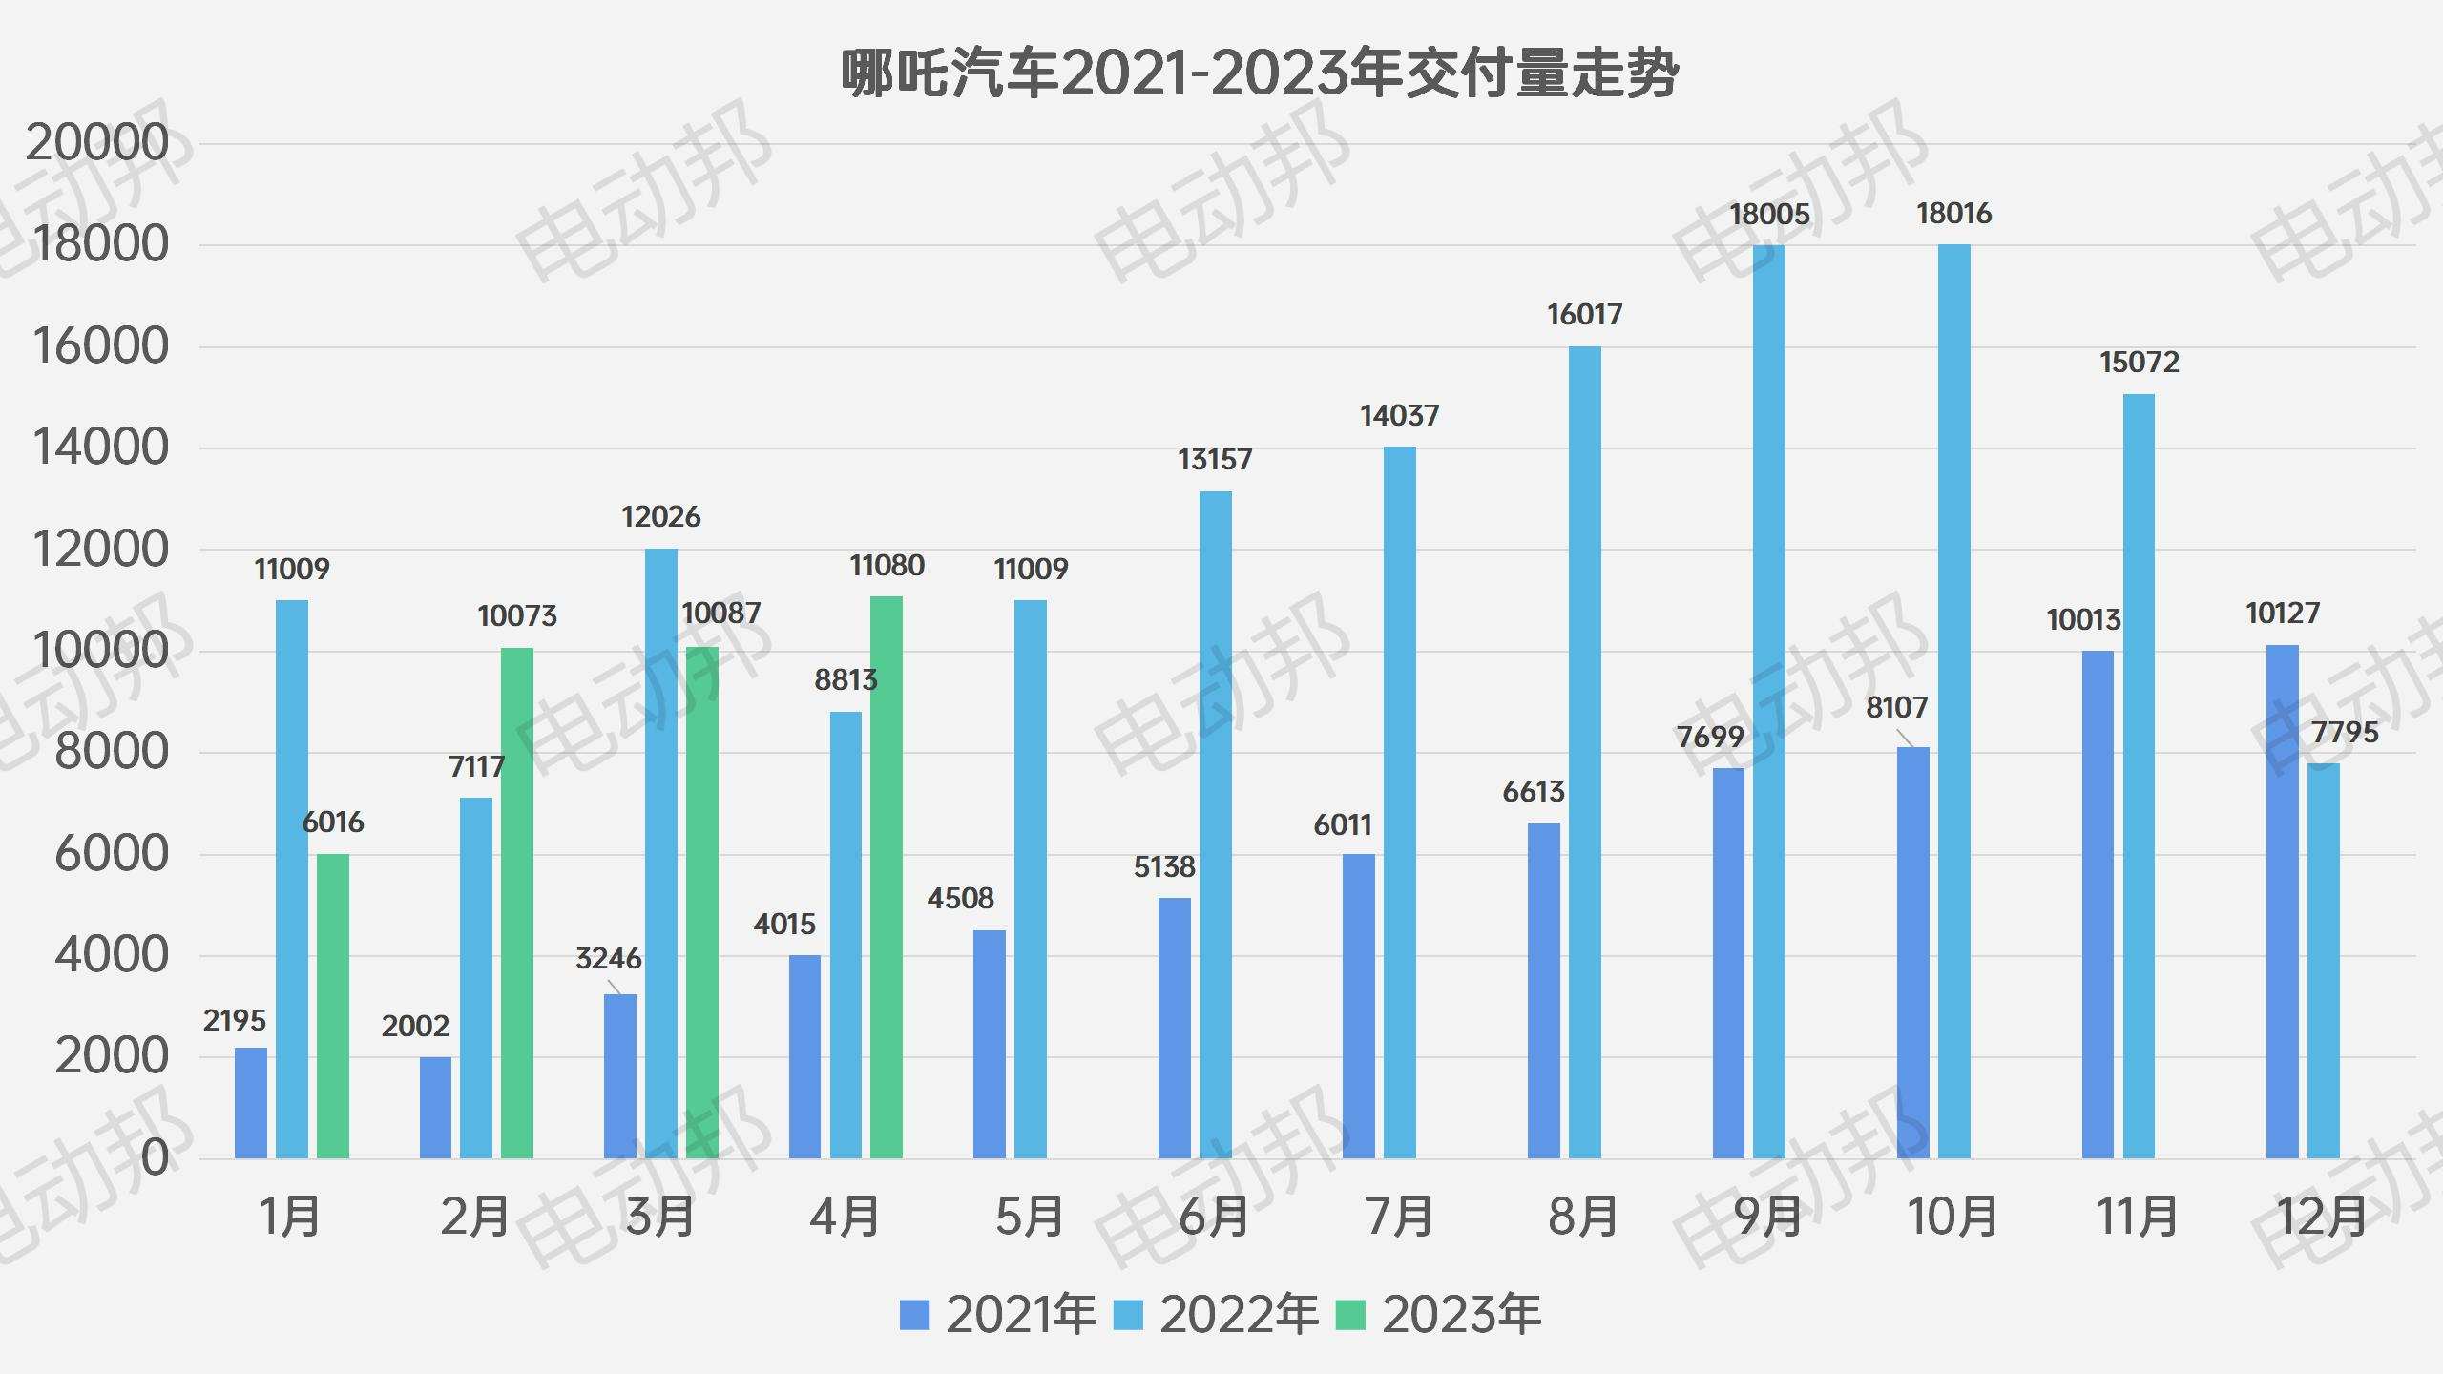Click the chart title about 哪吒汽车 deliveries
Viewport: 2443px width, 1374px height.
1259,74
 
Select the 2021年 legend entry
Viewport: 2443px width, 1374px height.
998,1315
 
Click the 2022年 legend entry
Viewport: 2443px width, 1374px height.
1217,1315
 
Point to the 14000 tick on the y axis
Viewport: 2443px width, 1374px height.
100,448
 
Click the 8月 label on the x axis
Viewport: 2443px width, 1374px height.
1583,1217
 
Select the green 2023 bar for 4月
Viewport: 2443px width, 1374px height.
887,878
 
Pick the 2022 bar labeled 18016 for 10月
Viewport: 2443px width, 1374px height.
1953,701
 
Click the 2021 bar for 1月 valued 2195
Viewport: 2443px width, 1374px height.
251,1103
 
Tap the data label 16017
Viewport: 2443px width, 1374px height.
1584,315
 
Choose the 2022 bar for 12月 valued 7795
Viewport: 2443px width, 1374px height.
2324,961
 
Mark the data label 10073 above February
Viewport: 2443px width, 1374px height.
517,616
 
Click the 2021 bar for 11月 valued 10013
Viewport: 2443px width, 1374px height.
2098,905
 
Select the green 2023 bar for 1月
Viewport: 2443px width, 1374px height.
333,1006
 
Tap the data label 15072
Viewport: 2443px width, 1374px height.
2140,363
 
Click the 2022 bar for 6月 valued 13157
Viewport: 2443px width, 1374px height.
1215,825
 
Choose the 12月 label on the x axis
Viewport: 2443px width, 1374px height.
2323,1217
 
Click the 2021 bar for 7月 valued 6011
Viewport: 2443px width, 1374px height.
1359,1006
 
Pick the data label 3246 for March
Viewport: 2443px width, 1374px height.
608,959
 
